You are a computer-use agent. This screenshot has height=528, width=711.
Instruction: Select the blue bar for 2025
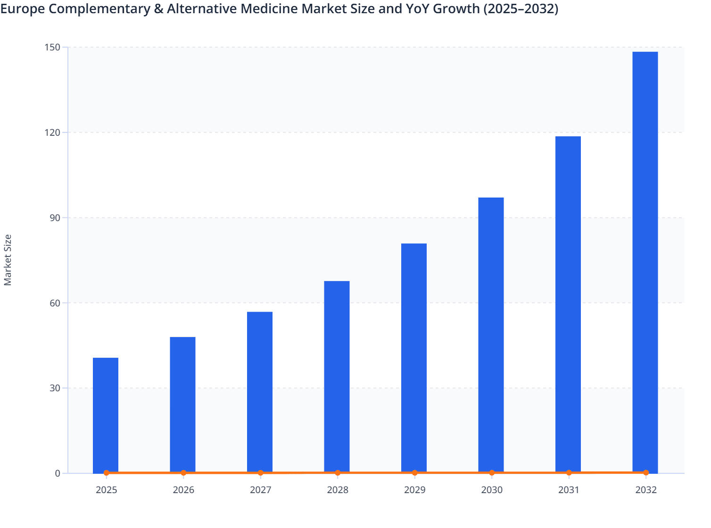[x=106, y=415]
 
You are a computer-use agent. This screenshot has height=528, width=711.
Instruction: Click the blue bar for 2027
[x=260, y=392]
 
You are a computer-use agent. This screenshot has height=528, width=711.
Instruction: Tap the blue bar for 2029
[x=414, y=358]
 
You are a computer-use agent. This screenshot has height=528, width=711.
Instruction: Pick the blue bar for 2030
[x=491, y=335]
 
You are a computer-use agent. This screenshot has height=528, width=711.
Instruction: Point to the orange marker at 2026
[x=183, y=473]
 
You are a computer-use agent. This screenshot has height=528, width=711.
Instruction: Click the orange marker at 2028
[x=338, y=473]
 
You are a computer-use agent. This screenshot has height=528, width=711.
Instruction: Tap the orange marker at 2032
[x=646, y=472]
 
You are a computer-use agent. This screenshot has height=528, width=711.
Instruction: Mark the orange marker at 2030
[x=492, y=473]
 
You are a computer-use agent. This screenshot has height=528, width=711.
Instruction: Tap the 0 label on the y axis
[x=58, y=473]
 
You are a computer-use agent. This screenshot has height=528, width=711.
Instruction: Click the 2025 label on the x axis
[x=107, y=490]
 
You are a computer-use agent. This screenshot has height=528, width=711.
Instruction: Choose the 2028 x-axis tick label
[x=338, y=490]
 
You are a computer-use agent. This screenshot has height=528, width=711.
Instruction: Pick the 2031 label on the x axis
[x=569, y=490]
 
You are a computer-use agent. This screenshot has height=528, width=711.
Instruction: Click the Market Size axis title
[x=8, y=260]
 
